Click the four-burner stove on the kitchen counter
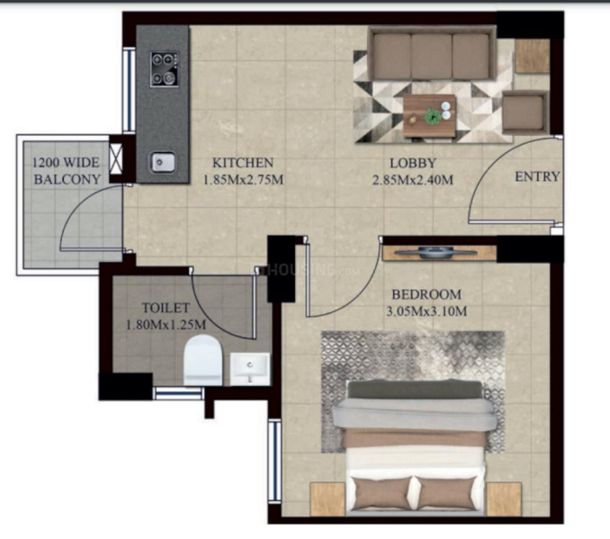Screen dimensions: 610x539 pos(165,69)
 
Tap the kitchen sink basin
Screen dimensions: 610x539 pos(162,162)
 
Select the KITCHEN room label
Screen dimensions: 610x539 pos(243,163)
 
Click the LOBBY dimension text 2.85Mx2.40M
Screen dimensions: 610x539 pos(413,180)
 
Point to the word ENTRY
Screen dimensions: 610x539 pos(537,176)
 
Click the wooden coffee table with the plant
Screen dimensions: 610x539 pos(429,115)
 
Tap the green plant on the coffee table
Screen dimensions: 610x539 pos(432,116)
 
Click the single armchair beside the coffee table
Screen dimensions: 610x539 pos(525,112)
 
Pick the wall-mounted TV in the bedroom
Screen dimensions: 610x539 pos(435,253)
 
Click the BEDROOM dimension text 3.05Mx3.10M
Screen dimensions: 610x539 pos(426,311)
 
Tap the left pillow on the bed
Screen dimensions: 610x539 pos(382,493)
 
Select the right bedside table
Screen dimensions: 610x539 pos(504,499)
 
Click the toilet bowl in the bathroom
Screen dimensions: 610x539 pos(202,361)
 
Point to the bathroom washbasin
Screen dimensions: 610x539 pos(250,369)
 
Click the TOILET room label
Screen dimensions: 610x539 pos(166,308)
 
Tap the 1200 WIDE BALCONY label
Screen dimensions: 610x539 pos(67,171)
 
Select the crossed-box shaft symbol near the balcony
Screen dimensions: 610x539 pos(116,158)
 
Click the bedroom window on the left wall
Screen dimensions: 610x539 pos(274,462)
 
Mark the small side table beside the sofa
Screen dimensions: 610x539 pos(533,56)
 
